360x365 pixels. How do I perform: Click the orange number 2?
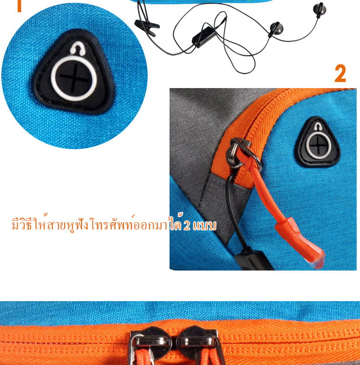[x=340, y=73]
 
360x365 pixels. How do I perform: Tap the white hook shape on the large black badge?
[x=77, y=48]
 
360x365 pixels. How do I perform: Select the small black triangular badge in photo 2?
[x=317, y=142]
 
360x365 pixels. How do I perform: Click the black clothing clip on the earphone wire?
[x=147, y=27]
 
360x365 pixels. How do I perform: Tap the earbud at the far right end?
[x=319, y=10]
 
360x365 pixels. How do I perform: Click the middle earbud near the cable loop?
[x=276, y=29]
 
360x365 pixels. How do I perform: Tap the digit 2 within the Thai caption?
[x=187, y=225]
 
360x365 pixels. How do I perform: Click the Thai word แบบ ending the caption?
[x=205, y=225]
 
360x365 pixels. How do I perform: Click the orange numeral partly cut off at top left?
[x=19, y=6]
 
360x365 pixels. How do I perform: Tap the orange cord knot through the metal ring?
[x=244, y=156]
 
